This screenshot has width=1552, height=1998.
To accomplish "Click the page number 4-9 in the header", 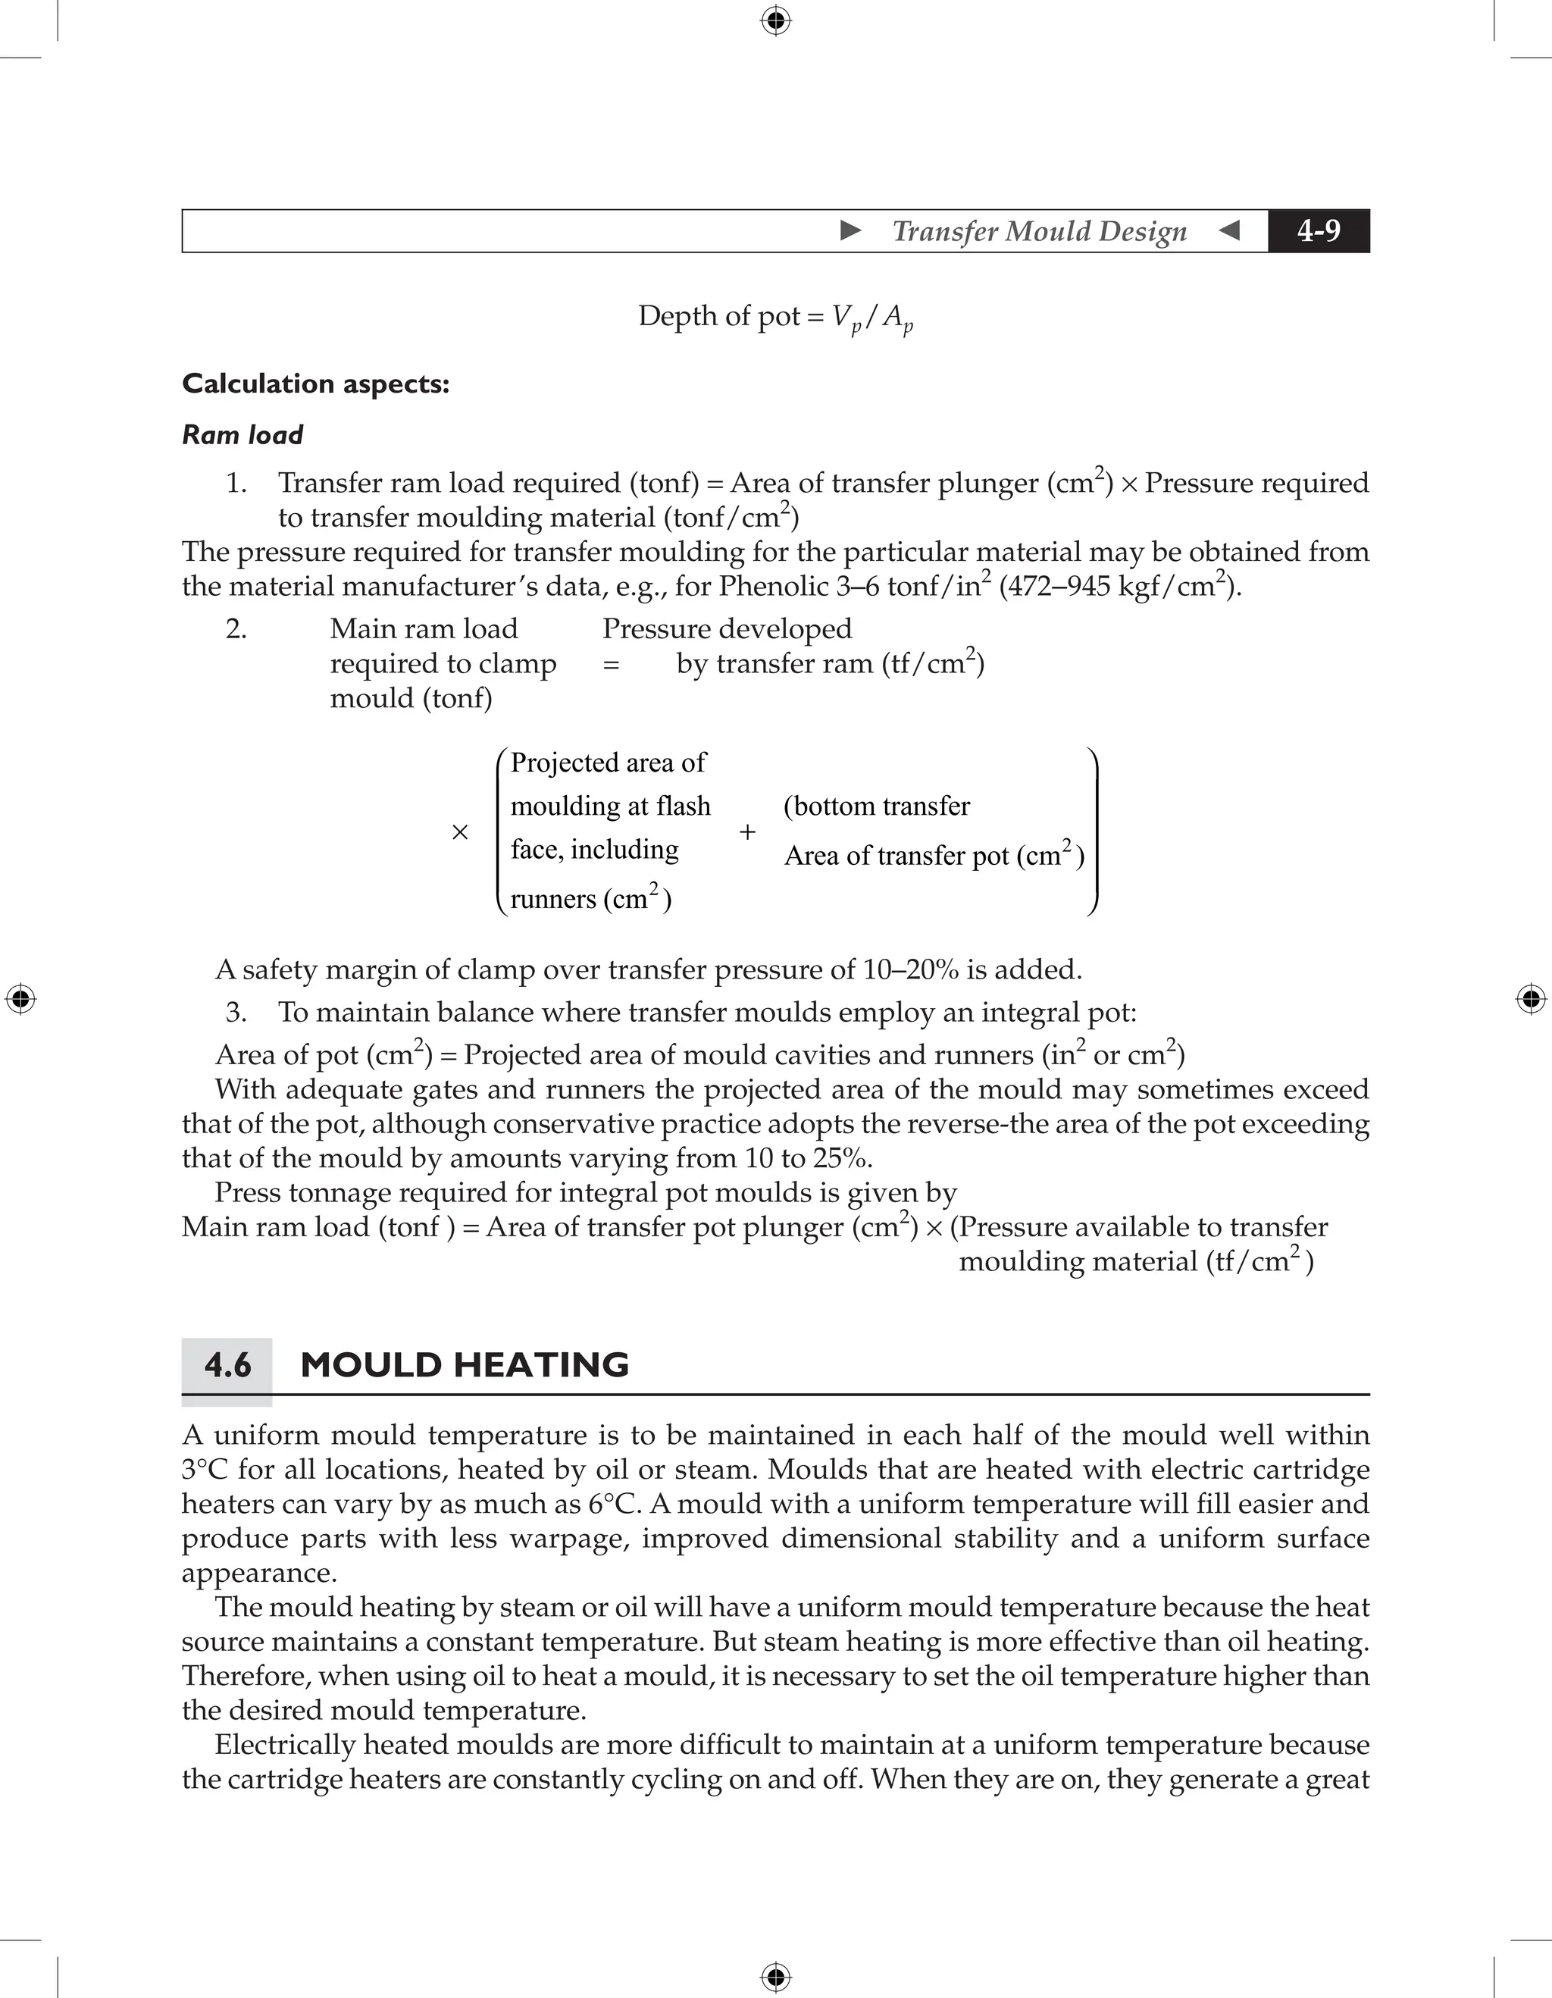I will pyautogui.click(x=1318, y=230).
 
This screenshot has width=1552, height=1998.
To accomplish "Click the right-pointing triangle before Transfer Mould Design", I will pyautogui.click(x=850, y=230).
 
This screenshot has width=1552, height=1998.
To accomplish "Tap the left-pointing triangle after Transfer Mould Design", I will pyautogui.click(x=1229, y=230).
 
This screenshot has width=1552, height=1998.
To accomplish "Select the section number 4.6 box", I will pyautogui.click(x=227, y=1366).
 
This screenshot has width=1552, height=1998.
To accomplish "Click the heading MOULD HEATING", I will pyautogui.click(x=465, y=1365).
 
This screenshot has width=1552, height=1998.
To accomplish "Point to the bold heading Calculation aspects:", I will pyautogui.click(x=315, y=384).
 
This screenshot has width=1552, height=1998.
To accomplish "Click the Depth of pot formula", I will pyautogui.click(x=775, y=318).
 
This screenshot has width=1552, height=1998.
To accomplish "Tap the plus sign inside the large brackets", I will pyautogui.click(x=747, y=831).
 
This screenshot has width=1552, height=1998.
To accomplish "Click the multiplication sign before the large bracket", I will pyautogui.click(x=460, y=831).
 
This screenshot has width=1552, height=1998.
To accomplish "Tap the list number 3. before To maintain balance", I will pyautogui.click(x=236, y=1013).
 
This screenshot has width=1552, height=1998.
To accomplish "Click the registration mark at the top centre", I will pyautogui.click(x=775, y=20).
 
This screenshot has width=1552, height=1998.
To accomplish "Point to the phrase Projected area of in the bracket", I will pyautogui.click(x=609, y=763).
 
